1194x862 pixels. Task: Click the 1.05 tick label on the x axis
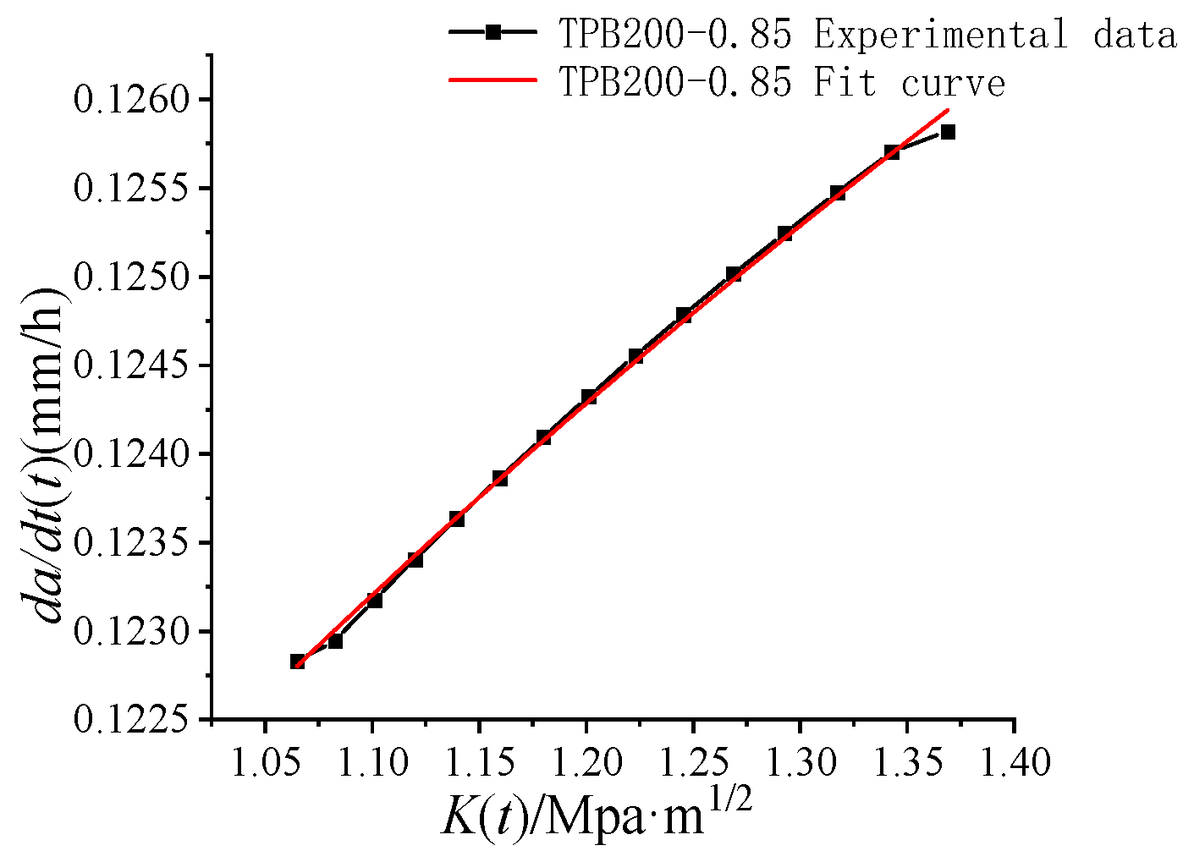(x=265, y=762)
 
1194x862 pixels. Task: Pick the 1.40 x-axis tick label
(x=1014, y=762)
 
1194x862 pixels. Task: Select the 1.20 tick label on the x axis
(x=586, y=762)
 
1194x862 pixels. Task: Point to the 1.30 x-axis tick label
(x=800, y=762)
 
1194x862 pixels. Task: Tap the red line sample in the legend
(x=493, y=80)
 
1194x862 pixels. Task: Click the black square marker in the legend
(x=493, y=32)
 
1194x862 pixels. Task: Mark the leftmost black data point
(x=298, y=662)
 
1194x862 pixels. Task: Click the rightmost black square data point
(x=948, y=132)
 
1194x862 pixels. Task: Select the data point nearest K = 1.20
(x=589, y=396)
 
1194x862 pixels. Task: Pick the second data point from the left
(x=335, y=641)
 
